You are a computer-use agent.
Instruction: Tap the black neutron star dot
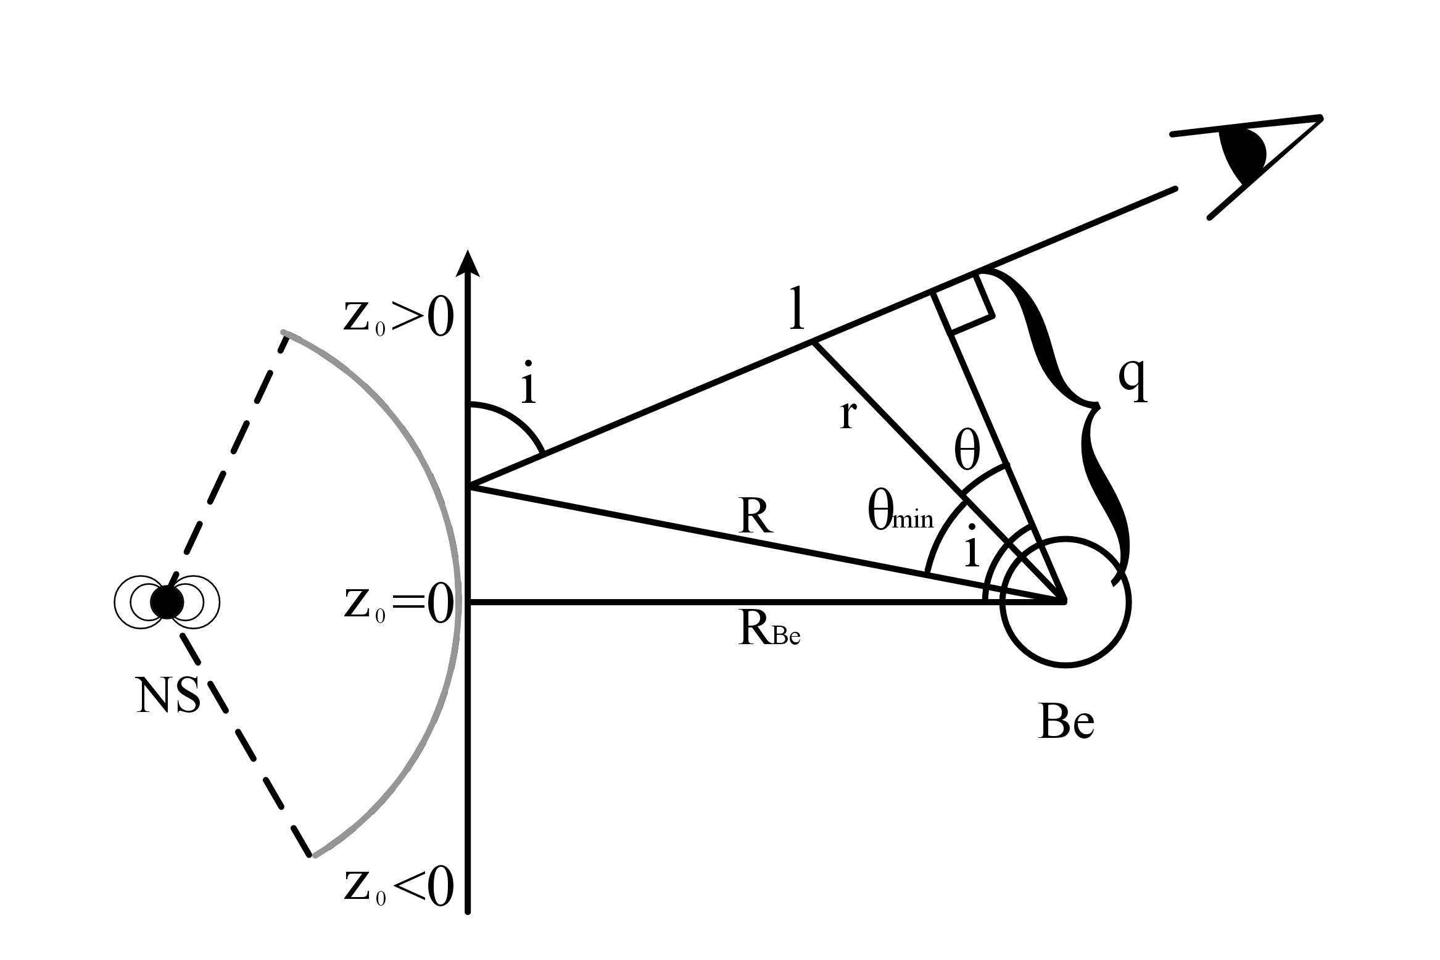(167, 602)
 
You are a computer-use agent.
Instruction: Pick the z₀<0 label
(398, 887)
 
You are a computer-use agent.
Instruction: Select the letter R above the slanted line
(756, 517)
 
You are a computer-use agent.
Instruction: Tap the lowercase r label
(848, 415)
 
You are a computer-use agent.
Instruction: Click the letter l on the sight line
(798, 310)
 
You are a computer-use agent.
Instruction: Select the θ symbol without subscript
(967, 452)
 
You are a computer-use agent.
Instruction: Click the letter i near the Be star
(972, 547)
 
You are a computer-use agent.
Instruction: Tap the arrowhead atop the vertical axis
(468, 263)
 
